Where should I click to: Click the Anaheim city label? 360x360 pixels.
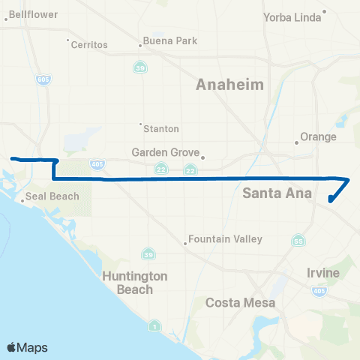point(229,85)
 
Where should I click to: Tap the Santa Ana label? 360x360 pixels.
point(272,193)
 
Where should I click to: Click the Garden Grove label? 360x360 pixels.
point(165,152)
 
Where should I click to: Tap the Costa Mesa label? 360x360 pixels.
point(240,303)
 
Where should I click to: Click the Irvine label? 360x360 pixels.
point(323,272)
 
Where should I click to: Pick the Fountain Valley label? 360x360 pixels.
point(225,239)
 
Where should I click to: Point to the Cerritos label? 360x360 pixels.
point(89,45)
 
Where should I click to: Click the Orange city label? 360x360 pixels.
point(318,137)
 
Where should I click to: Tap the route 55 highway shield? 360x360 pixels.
point(298,241)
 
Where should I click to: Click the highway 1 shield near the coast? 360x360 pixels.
point(154,325)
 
